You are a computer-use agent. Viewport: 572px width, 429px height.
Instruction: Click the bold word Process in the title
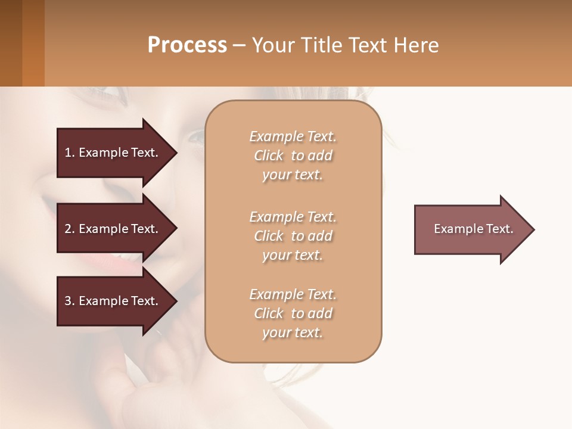187,45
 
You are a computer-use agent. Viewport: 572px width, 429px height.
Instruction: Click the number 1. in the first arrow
70,153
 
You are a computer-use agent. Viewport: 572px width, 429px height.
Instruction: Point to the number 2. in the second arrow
70,229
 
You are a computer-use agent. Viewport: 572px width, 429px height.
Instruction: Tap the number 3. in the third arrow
70,301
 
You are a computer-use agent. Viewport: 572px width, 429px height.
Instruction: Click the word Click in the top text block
269,156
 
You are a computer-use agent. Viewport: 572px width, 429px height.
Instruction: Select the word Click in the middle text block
269,236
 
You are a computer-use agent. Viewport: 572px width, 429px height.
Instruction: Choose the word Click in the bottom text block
269,313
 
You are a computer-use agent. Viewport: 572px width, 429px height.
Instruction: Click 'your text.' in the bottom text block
293,333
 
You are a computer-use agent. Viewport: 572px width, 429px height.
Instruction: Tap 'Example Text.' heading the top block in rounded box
293,136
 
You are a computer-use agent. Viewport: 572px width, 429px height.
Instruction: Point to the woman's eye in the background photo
195,139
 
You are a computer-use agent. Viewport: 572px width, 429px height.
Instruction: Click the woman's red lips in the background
128,262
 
